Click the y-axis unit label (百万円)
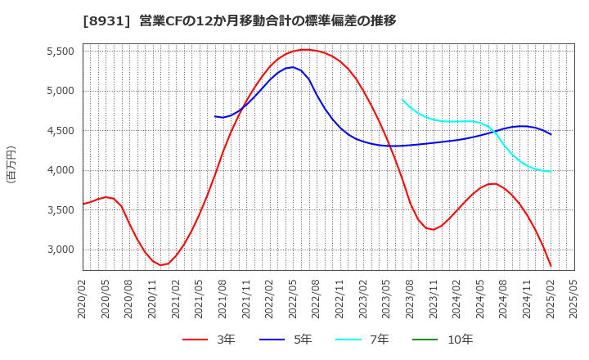[x=11, y=164]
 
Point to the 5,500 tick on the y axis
[x=58, y=51]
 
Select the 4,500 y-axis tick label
[x=58, y=130]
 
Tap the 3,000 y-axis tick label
[x=58, y=250]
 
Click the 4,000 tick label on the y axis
[x=58, y=170]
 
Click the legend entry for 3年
[x=209, y=340]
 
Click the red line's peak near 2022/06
[x=305, y=50]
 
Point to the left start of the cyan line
[x=402, y=100]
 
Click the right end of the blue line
[x=551, y=134]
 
